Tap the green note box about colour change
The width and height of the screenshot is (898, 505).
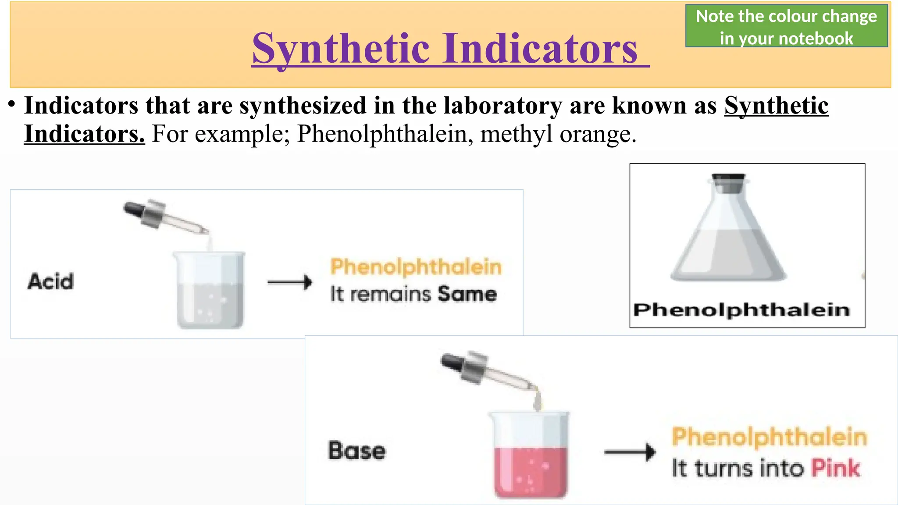(x=786, y=27)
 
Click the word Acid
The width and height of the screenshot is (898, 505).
(x=50, y=281)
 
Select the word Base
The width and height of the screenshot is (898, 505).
(x=357, y=451)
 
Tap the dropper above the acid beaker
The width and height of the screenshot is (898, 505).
(x=164, y=218)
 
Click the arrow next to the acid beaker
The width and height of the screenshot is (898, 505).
(x=289, y=282)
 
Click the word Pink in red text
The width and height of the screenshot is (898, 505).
(x=835, y=468)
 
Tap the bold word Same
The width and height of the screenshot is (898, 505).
(x=467, y=294)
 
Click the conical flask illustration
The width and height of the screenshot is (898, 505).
(x=729, y=232)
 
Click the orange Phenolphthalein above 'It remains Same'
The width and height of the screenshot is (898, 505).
(x=416, y=267)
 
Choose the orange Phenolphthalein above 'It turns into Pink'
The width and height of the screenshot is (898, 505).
(x=770, y=437)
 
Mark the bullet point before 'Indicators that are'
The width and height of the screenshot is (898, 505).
(x=12, y=105)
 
